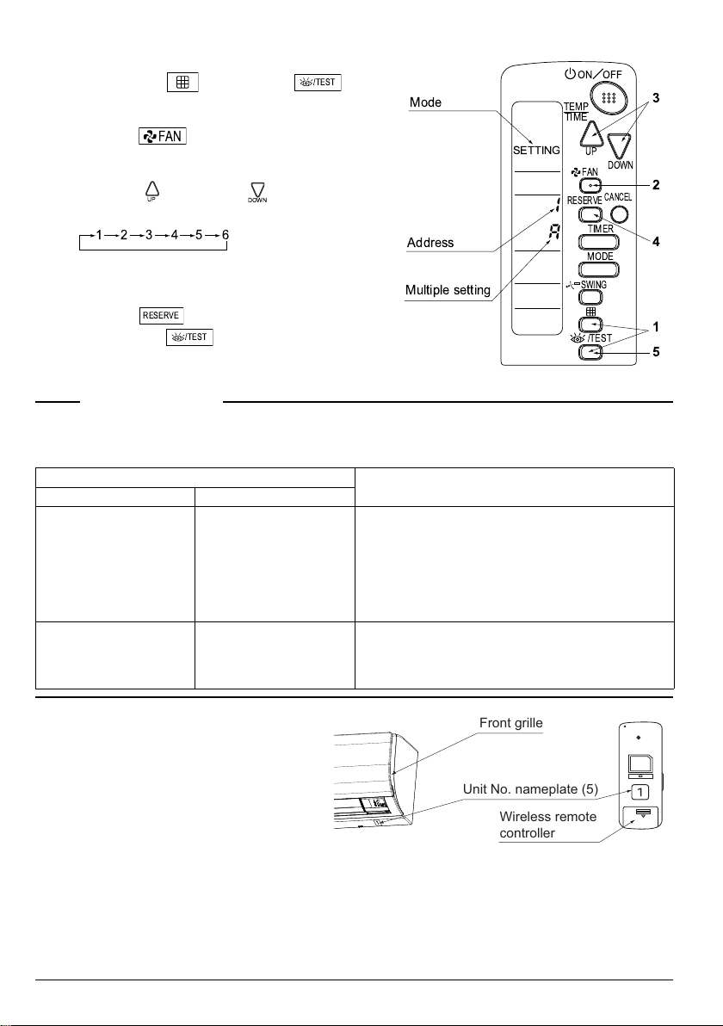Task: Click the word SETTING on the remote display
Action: [536, 151]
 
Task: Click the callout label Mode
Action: [425, 102]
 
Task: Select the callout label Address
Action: [431, 244]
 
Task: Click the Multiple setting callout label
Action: [448, 290]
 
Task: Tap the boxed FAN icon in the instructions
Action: [162, 137]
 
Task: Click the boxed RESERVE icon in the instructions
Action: [162, 315]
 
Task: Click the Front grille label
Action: [511, 723]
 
